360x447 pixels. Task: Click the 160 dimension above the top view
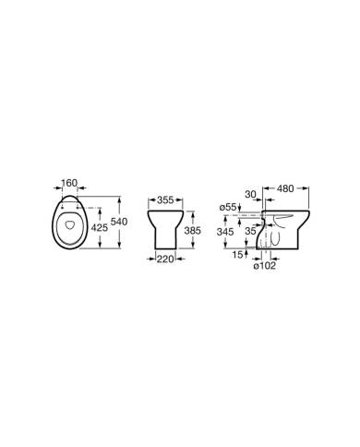(67, 182)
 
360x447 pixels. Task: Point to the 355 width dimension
(166, 199)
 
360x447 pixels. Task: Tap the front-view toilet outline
(167, 222)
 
